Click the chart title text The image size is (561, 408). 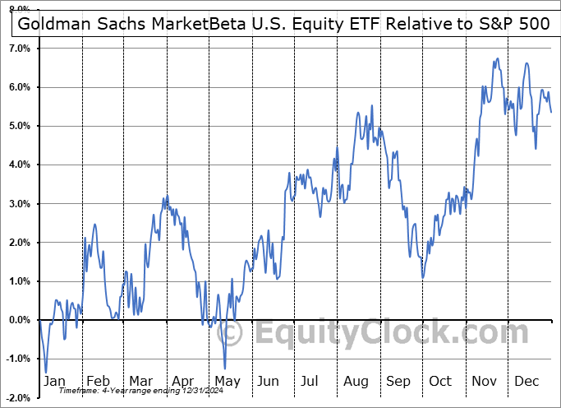283,22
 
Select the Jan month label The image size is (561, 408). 55,381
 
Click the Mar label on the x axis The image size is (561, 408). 141,381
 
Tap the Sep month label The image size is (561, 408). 398,381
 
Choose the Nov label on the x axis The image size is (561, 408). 484,381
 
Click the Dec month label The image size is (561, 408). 527,381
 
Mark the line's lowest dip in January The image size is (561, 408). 46,372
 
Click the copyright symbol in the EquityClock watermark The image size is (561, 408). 232,334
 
